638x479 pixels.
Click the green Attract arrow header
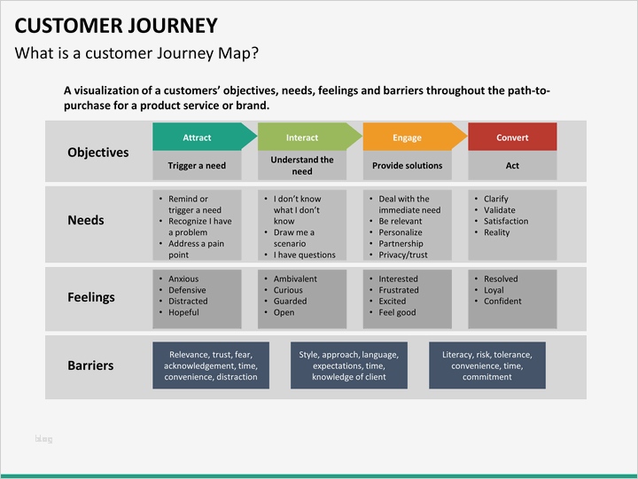(198, 137)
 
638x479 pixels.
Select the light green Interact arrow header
(302, 137)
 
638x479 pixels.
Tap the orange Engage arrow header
(408, 137)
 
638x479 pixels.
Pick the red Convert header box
(512, 137)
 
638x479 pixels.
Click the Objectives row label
(97, 153)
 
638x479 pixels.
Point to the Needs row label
(86, 220)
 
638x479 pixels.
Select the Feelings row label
(91, 297)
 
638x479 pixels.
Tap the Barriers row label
(90, 365)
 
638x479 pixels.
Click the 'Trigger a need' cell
(197, 166)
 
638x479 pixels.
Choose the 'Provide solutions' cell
(407, 166)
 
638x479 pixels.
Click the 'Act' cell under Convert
(512, 166)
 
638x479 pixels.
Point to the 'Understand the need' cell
(302, 166)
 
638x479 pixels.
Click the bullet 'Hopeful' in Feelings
(183, 312)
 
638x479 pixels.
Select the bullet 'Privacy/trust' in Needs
(402, 255)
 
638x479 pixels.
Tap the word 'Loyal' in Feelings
(494, 290)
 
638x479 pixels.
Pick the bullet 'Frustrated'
(398, 290)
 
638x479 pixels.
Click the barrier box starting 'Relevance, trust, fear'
(211, 365)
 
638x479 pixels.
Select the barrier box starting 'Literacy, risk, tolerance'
(486, 365)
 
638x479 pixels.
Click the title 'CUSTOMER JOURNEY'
(116, 25)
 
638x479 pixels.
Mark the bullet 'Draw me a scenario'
(294, 238)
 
